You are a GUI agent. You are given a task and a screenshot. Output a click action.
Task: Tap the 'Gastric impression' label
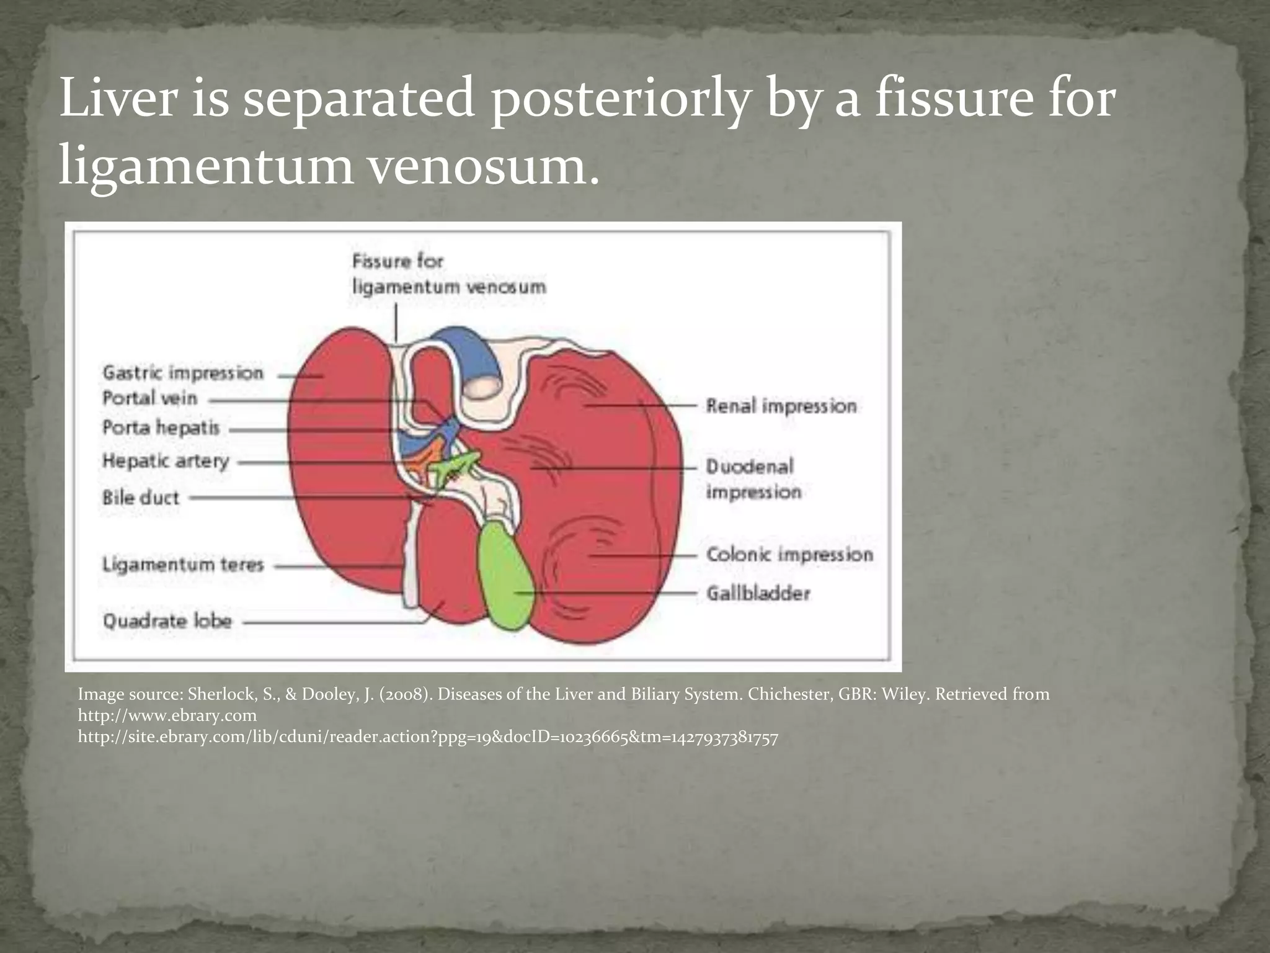point(183,373)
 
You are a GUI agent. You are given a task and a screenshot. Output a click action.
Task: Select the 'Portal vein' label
point(149,398)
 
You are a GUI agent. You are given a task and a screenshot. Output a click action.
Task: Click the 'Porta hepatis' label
point(161,428)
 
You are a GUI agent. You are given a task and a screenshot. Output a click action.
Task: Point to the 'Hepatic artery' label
point(166,461)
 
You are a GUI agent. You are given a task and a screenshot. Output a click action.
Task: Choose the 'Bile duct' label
point(141,498)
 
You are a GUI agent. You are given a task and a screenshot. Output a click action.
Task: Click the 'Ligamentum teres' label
point(183,565)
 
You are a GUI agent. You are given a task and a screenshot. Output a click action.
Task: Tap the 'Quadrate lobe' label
point(167,621)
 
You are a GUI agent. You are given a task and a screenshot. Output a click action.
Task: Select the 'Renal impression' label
point(781,406)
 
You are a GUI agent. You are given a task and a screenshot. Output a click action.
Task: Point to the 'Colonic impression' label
point(789,554)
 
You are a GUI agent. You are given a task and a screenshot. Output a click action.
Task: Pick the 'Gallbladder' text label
point(758,594)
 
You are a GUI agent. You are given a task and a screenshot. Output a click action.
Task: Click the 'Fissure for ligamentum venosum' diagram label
point(449,274)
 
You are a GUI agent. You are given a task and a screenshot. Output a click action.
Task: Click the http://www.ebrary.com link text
point(167,715)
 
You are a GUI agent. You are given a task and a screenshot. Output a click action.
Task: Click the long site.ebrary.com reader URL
point(428,737)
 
